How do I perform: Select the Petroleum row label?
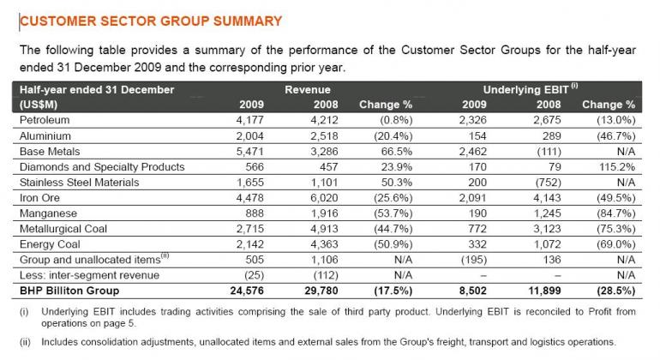click(44, 120)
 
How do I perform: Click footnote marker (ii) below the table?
click(25, 340)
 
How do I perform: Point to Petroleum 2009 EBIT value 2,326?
click(471, 120)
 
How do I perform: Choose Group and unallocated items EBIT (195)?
click(470, 259)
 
